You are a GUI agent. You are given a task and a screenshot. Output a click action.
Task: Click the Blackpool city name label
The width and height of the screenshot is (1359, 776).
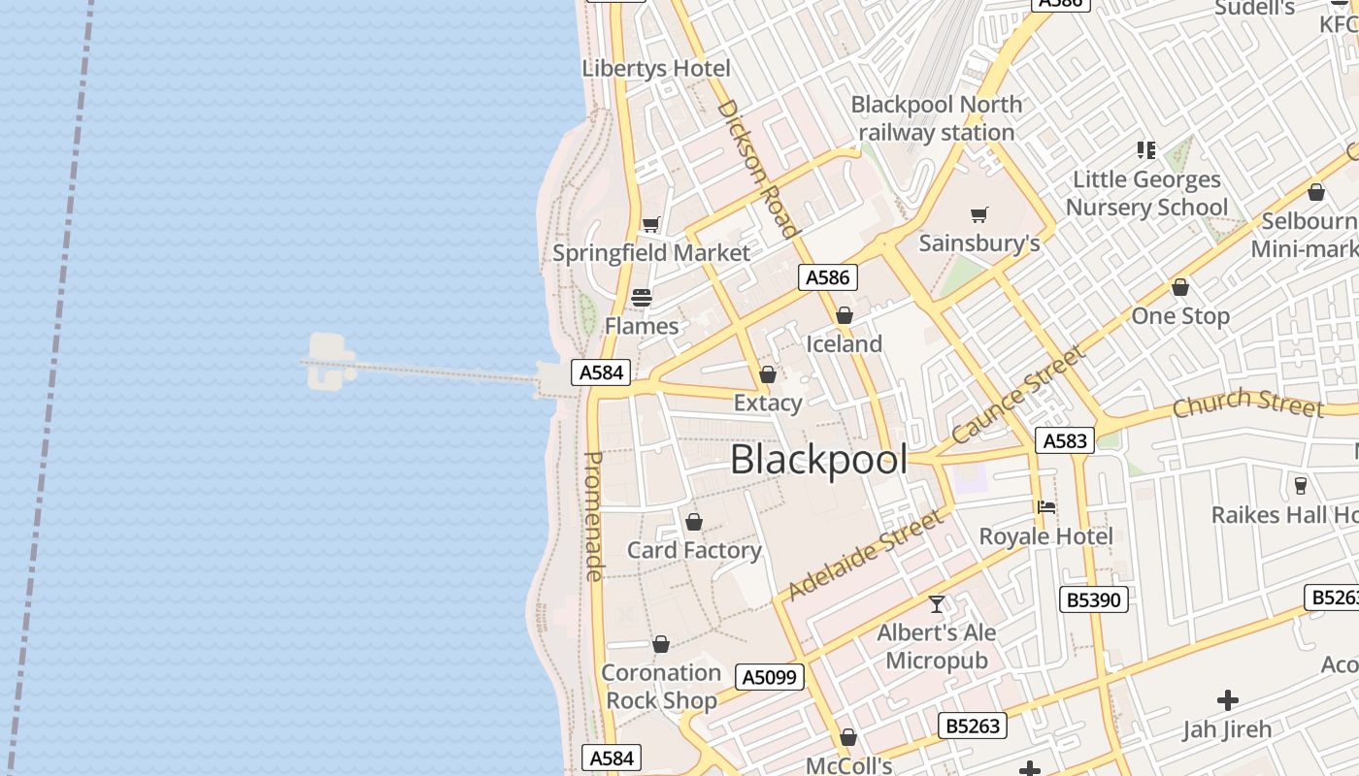point(818,460)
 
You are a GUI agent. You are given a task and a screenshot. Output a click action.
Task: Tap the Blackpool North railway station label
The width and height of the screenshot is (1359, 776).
point(936,118)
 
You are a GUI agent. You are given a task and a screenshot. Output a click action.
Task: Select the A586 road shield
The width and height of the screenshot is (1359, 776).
point(828,277)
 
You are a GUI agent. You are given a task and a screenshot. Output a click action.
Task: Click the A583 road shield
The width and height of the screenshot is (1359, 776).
point(1064,440)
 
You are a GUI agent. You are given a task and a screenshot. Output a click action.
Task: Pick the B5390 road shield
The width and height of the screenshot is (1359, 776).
point(1093,599)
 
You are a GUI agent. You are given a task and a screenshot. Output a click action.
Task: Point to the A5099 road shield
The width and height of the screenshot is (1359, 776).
point(770,677)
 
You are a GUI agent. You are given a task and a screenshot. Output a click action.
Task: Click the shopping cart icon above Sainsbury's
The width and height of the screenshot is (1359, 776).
point(979,214)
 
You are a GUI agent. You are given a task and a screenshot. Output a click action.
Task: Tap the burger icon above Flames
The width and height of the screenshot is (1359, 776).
point(641,297)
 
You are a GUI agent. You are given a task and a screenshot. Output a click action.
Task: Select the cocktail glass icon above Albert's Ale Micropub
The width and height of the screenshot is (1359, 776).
point(937,604)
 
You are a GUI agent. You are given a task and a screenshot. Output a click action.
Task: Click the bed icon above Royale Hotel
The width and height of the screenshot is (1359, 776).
point(1045,507)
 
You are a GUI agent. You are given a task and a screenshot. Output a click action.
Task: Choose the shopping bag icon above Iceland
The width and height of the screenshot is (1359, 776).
point(844,315)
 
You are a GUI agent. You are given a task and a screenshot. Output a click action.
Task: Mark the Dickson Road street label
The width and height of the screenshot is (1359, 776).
point(757,168)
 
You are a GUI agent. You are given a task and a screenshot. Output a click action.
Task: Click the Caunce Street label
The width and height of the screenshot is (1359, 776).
point(1018,394)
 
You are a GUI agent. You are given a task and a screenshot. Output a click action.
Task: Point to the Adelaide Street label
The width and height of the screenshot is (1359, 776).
point(866,554)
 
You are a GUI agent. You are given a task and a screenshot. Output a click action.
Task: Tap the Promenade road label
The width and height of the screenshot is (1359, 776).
point(594,516)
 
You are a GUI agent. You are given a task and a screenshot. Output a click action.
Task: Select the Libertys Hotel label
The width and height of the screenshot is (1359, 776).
point(656,69)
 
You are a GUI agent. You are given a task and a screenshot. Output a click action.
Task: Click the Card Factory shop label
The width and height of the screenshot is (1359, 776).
point(694,550)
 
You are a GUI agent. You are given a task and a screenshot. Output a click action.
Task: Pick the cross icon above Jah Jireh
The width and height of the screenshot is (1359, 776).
point(1227,699)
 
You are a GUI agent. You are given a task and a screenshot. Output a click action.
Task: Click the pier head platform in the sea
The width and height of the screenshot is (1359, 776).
point(327,361)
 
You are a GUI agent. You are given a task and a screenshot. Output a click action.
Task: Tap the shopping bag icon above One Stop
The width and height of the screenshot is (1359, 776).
point(1180,287)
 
